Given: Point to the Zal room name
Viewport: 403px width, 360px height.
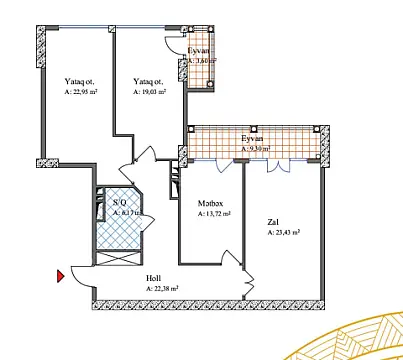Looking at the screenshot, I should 272,222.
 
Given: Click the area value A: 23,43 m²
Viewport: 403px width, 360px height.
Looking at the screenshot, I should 284,232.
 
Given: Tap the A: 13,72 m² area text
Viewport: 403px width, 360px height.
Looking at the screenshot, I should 214,213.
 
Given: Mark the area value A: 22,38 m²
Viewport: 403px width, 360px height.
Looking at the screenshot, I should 162,288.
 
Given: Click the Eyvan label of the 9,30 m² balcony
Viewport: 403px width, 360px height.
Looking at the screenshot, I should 255,141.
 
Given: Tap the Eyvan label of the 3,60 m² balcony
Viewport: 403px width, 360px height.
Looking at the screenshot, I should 199,50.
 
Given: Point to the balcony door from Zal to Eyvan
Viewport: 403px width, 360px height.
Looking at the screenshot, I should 272,171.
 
